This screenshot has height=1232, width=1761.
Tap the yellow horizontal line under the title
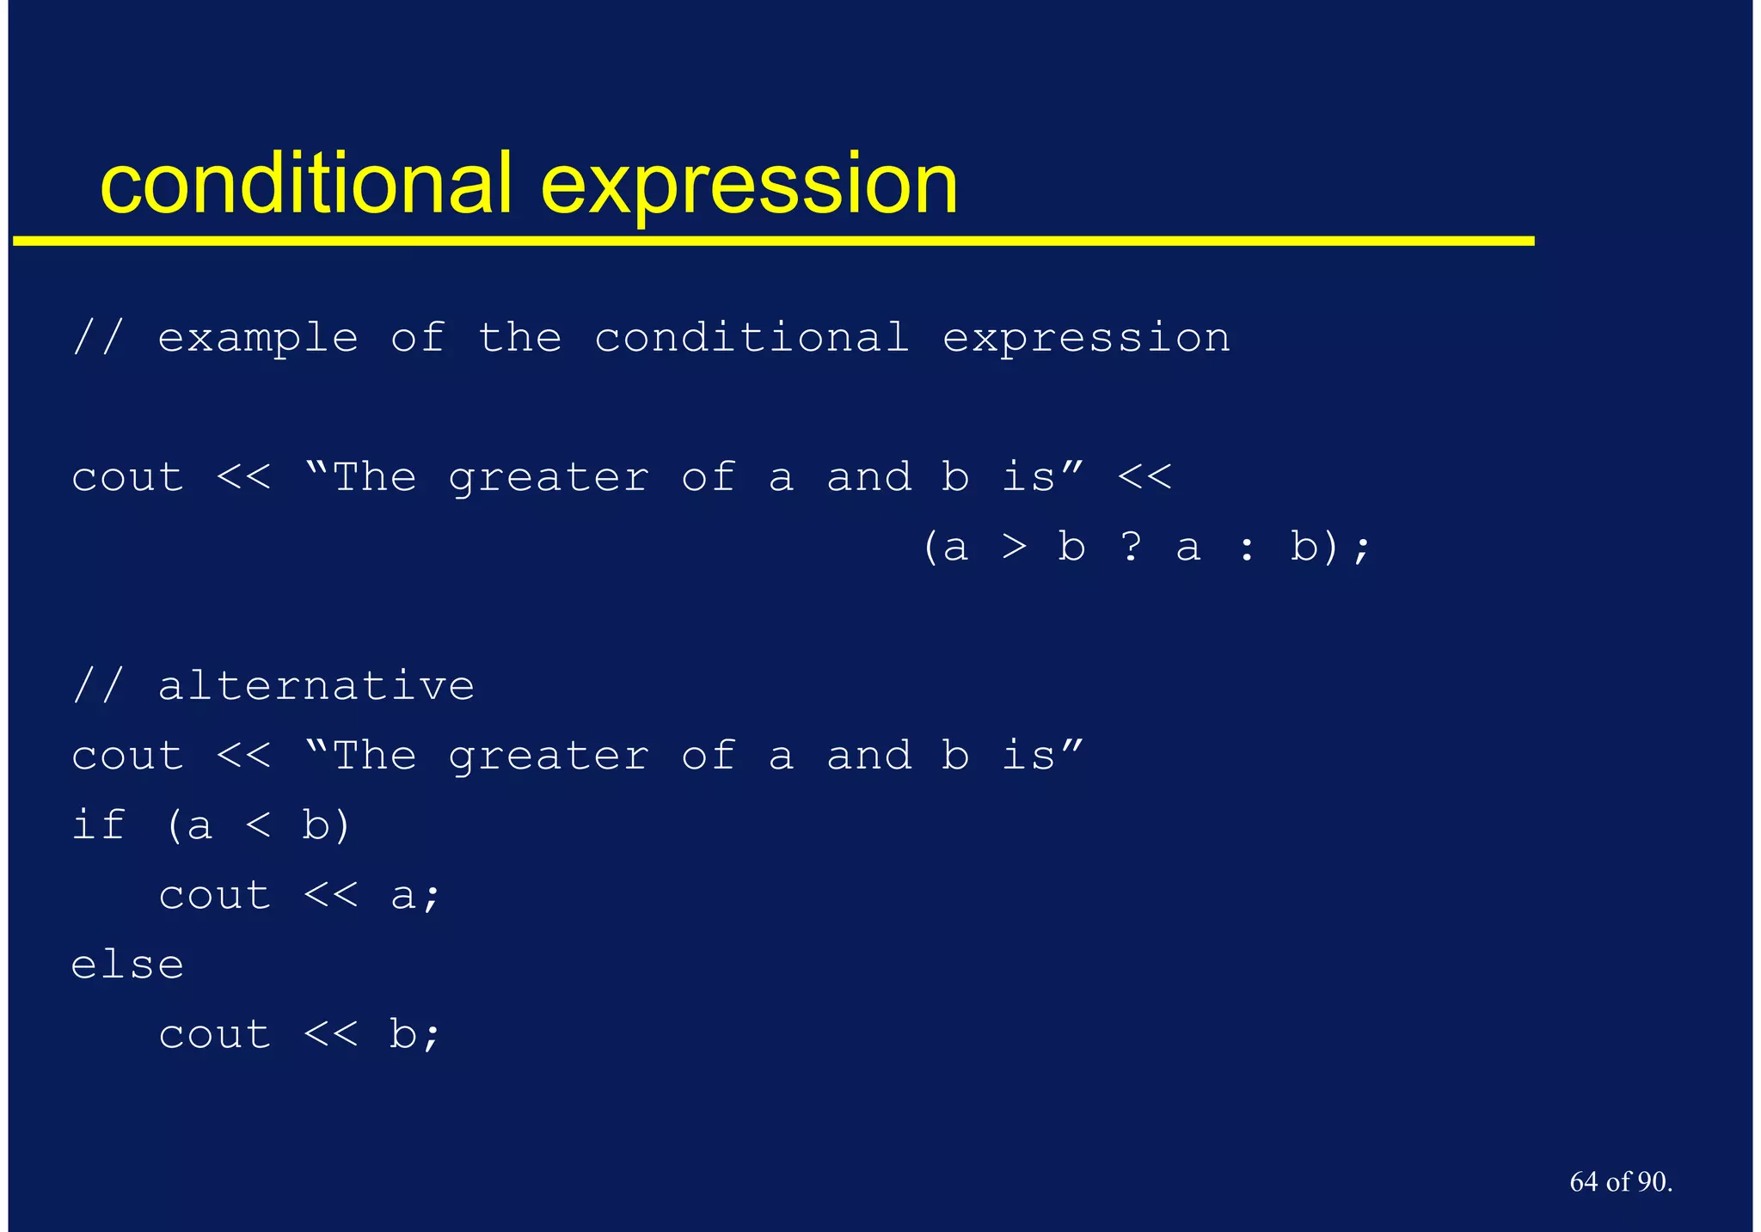click(x=774, y=242)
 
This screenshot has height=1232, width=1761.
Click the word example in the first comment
click(x=258, y=338)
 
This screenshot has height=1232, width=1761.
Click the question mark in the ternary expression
click(x=1131, y=546)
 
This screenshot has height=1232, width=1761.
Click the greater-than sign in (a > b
click(x=1015, y=547)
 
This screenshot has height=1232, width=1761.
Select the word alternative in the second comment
click(x=316, y=686)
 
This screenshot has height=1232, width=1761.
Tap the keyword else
click(x=127, y=965)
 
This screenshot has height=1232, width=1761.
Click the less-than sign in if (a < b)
click(x=257, y=826)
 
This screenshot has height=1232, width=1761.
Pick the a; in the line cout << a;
click(x=414, y=896)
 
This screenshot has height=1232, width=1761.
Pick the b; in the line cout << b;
click(x=414, y=1033)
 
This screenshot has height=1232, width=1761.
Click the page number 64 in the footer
click(x=1583, y=1182)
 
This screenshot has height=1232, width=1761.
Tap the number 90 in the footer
click(x=1652, y=1182)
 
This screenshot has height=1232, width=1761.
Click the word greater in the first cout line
click(x=549, y=478)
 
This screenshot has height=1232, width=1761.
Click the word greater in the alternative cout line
click(x=549, y=757)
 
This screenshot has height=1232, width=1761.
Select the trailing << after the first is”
click(x=1144, y=477)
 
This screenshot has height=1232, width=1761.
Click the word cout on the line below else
click(x=215, y=1034)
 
